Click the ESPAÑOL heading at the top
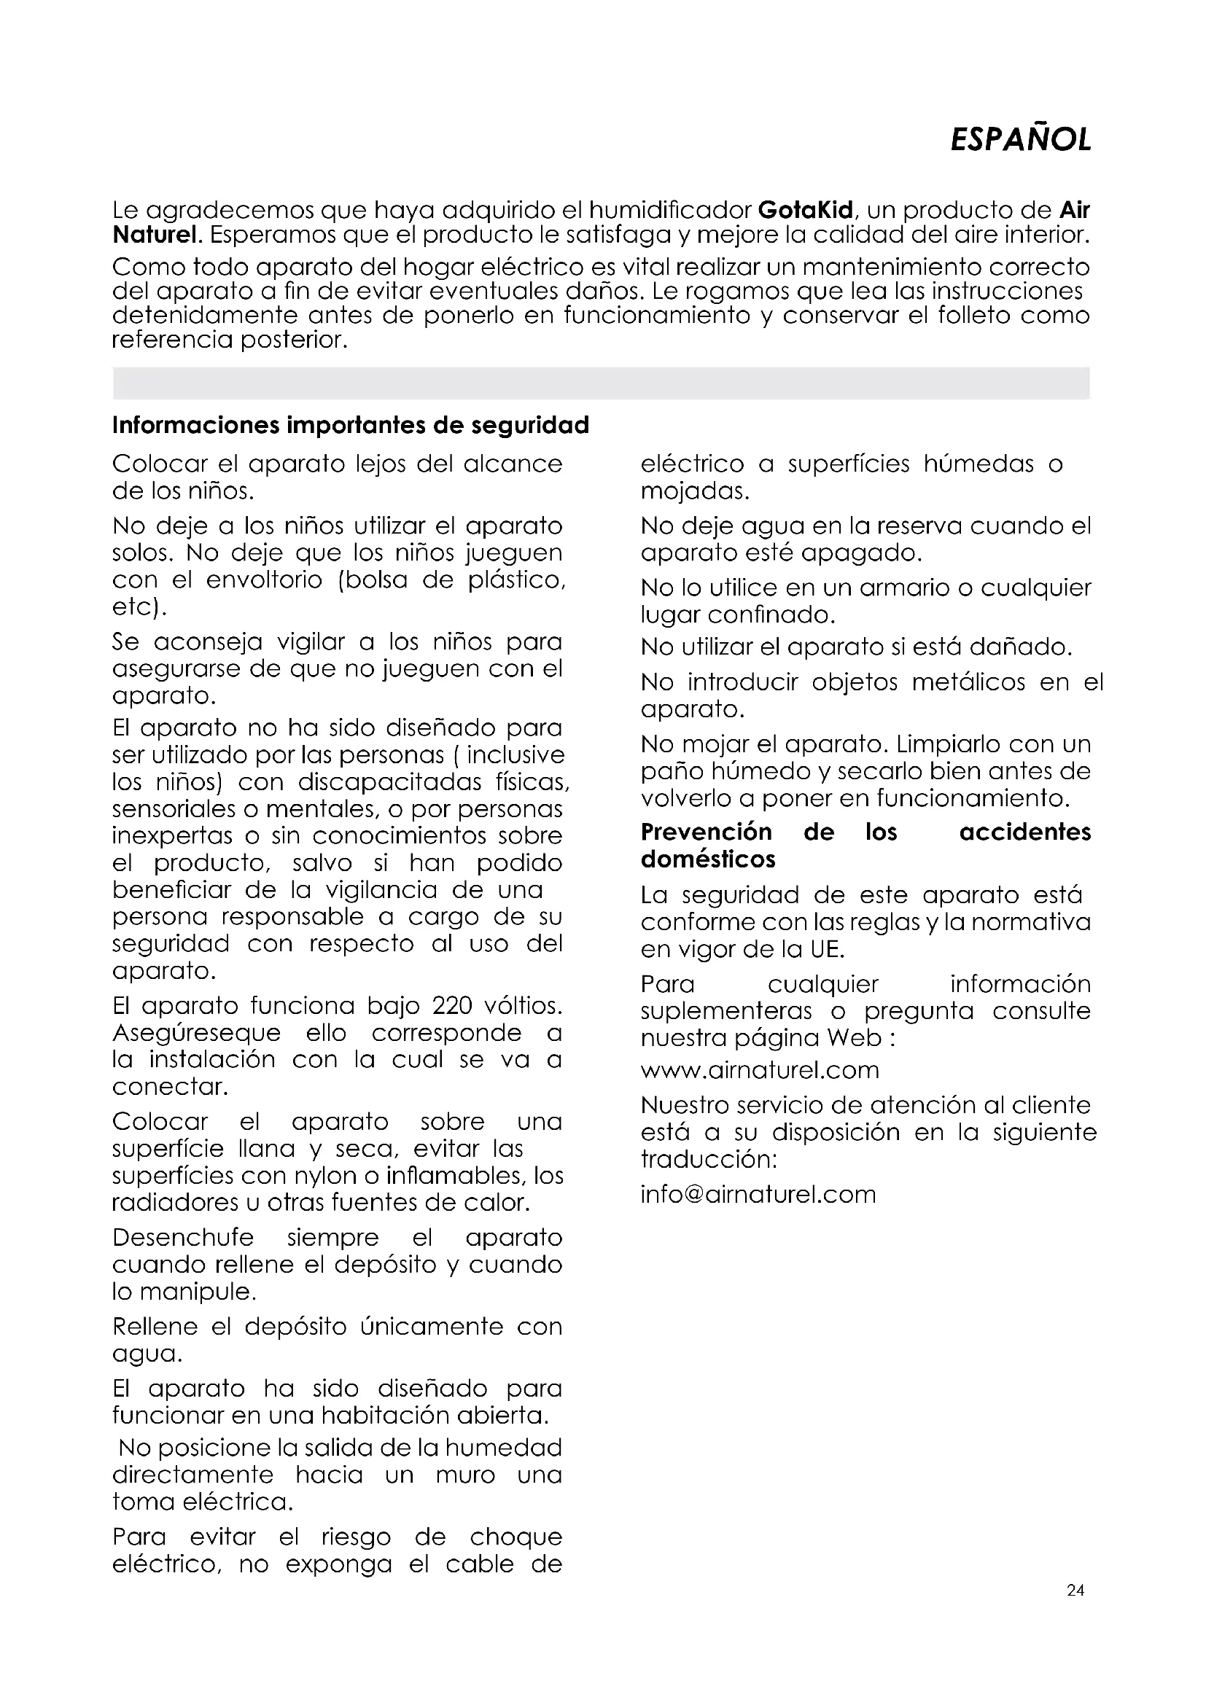1020,139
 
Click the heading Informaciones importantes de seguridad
351,425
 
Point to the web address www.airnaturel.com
760,1069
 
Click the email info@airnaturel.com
758,1194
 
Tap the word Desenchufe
183,1238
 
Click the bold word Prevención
707,832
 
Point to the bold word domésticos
708,859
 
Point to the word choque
516,1537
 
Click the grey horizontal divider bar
601,383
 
